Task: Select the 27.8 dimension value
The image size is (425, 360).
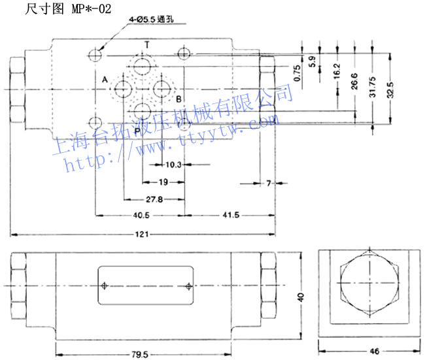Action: (x=155, y=199)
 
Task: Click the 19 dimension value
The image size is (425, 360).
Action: (x=163, y=182)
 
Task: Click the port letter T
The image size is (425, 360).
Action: (x=146, y=45)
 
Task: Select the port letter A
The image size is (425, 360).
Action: (x=104, y=80)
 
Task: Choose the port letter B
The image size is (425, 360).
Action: (x=178, y=99)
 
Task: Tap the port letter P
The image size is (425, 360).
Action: (x=137, y=131)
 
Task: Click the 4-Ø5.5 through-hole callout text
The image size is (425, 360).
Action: (x=151, y=22)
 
